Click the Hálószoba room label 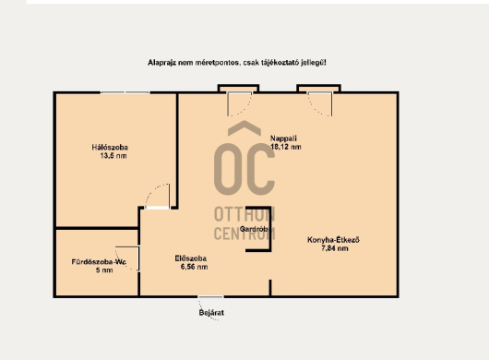(x=110, y=148)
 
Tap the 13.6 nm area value (x=113, y=156)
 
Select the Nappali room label (x=283, y=138)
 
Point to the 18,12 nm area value (x=286, y=147)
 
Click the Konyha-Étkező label (x=333, y=240)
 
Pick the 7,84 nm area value (x=335, y=248)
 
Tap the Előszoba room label (x=191, y=258)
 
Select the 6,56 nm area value (x=195, y=267)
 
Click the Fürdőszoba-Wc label (x=99, y=262)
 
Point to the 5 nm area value (x=104, y=270)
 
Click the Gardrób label (x=254, y=229)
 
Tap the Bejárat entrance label (x=211, y=313)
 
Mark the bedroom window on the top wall (x=125, y=92)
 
